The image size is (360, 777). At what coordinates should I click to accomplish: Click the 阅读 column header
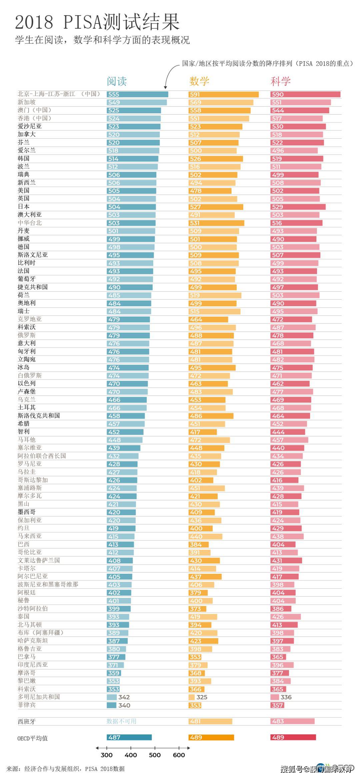[117, 81]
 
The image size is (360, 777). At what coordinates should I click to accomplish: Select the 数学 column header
[199, 81]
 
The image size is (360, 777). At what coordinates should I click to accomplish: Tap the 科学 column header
[281, 81]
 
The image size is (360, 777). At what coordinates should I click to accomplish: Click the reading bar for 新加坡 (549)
[137, 102]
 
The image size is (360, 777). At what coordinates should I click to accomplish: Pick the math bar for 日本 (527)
[216, 207]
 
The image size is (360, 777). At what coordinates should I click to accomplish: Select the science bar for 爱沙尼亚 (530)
[298, 127]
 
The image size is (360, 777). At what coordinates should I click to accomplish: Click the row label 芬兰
[24, 142]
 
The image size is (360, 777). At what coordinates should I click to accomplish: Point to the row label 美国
[24, 191]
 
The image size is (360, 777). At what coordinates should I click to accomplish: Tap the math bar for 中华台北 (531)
[216, 223]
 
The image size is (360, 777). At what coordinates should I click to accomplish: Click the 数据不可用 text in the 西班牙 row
[121, 721]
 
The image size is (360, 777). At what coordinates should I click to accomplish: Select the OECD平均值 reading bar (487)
[129, 738]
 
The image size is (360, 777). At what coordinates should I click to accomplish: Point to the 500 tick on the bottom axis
[155, 755]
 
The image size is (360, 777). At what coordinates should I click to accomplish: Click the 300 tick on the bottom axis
[107, 755]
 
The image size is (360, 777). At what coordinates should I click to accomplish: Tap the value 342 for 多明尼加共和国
[124, 697]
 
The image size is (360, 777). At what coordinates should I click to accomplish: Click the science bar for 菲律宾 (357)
[277, 705]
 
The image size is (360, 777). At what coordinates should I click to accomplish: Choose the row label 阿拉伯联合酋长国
[42, 456]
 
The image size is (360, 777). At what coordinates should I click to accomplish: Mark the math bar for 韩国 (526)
[216, 159]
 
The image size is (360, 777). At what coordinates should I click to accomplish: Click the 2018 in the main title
[34, 22]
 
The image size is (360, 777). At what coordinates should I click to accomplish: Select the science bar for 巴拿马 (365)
[278, 657]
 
